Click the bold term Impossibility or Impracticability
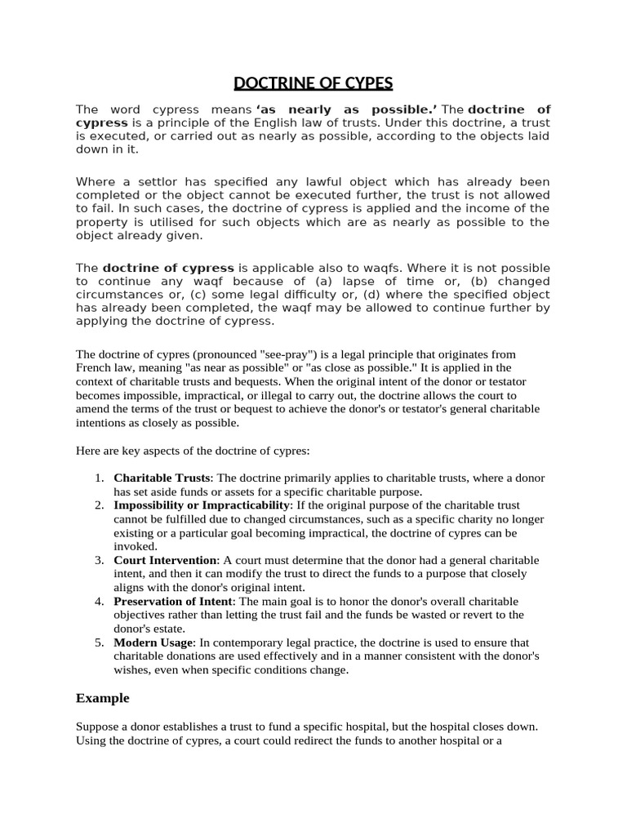click(x=202, y=505)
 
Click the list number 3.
click(x=98, y=560)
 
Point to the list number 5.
click(x=98, y=643)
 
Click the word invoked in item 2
click(x=133, y=546)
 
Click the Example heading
click(x=102, y=698)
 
